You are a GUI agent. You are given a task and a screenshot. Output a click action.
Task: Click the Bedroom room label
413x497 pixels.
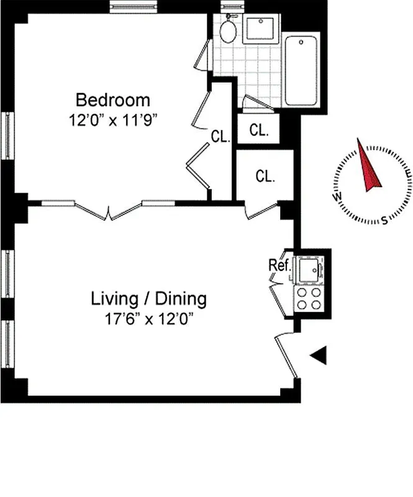112,99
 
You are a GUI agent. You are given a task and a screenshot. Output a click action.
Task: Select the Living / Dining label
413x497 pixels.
148,299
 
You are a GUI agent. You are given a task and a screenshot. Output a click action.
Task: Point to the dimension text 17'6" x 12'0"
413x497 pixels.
148,319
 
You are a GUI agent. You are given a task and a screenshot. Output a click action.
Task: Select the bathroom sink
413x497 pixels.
260,29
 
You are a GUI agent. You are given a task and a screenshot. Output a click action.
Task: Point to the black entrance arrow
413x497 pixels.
319,355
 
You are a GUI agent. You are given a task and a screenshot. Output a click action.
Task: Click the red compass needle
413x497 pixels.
369,166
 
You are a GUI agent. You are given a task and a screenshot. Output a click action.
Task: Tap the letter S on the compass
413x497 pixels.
384,219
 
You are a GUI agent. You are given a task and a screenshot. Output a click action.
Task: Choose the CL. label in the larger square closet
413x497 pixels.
265,176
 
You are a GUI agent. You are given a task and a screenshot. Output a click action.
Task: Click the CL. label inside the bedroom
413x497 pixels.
220,137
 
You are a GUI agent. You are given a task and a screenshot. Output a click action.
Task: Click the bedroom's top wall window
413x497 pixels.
132,8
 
